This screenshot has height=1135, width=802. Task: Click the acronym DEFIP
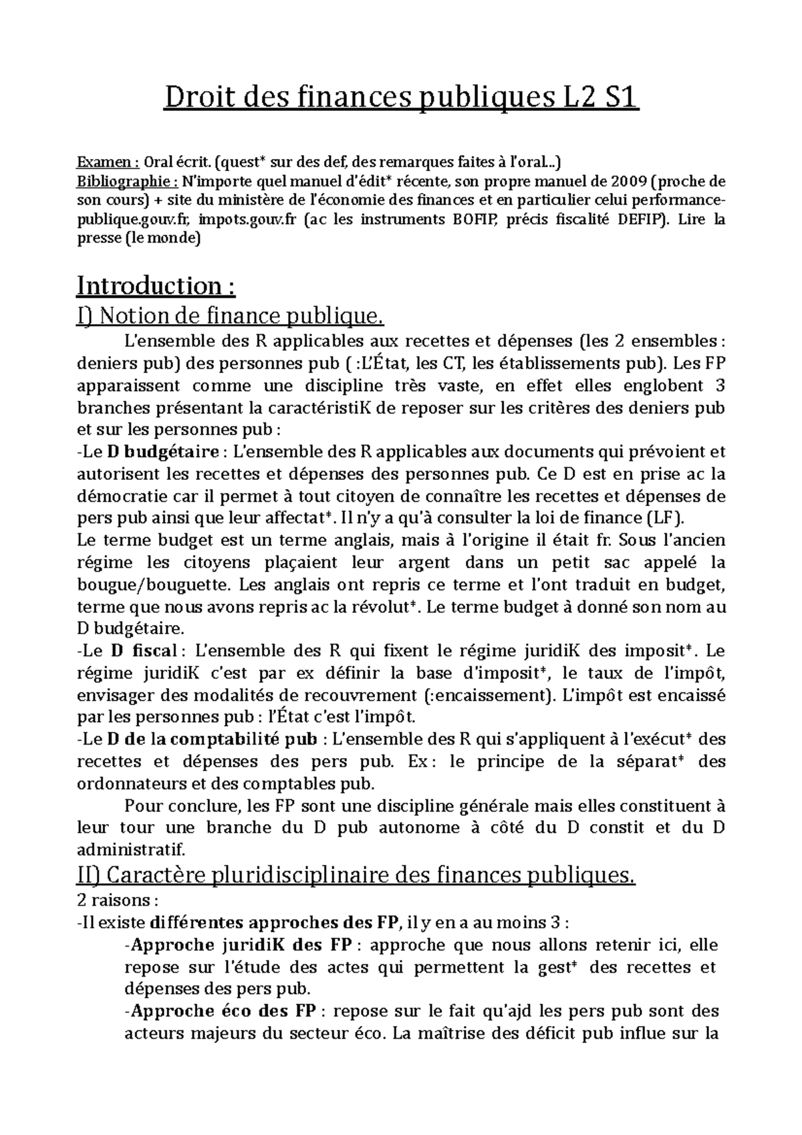pos(640,219)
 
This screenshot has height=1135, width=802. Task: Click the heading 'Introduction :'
pos(156,286)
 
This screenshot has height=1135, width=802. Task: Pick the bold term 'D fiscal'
pos(144,651)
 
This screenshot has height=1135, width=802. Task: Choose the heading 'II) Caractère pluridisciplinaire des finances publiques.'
pos(356,875)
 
